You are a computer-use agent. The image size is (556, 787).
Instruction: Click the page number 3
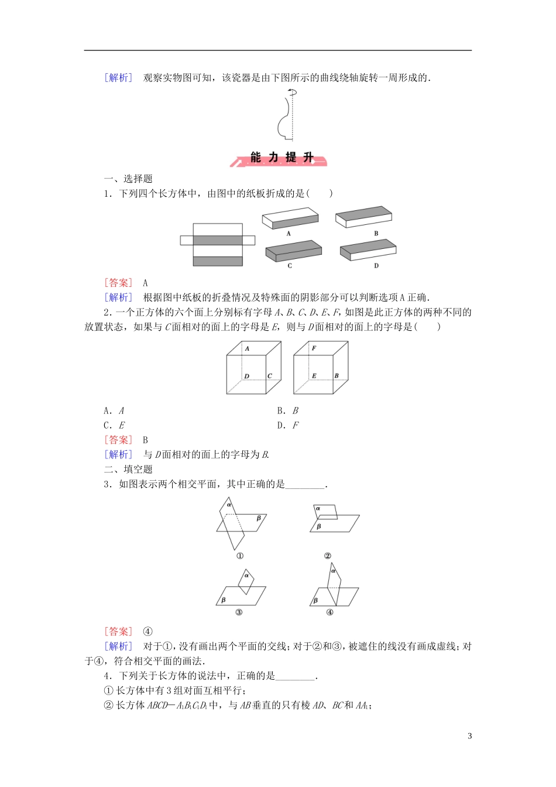[x=469, y=736]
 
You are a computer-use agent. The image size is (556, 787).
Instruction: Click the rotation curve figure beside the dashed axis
[x=286, y=117]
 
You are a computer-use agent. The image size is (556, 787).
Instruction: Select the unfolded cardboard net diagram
[x=218, y=244]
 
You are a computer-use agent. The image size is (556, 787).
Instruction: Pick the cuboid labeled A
[x=290, y=219]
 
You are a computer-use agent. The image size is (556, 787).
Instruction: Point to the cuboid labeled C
[x=293, y=251]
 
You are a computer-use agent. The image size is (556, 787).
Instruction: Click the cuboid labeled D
[x=368, y=249]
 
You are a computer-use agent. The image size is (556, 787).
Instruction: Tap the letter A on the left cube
[x=247, y=348]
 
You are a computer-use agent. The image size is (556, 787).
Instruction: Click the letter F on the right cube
[x=314, y=348]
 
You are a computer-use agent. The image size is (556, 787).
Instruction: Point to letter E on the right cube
[x=314, y=376]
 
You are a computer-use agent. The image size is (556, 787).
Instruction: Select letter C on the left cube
[x=270, y=376]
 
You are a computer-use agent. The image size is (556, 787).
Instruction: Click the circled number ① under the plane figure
[x=239, y=556]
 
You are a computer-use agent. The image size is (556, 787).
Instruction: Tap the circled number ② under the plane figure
[x=328, y=556]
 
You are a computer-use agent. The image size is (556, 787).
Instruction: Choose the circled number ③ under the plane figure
[x=239, y=613]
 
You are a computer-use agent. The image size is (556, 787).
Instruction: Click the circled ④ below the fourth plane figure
[x=330, y=613]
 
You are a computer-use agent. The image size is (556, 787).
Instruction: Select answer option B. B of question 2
[x=288, y=410]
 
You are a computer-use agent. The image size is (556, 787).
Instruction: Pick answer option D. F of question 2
[x=288, y=425]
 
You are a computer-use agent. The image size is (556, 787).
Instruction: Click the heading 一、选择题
[x=128, y=179]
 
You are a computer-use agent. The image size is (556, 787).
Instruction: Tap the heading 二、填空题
[x=128, y=469]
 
